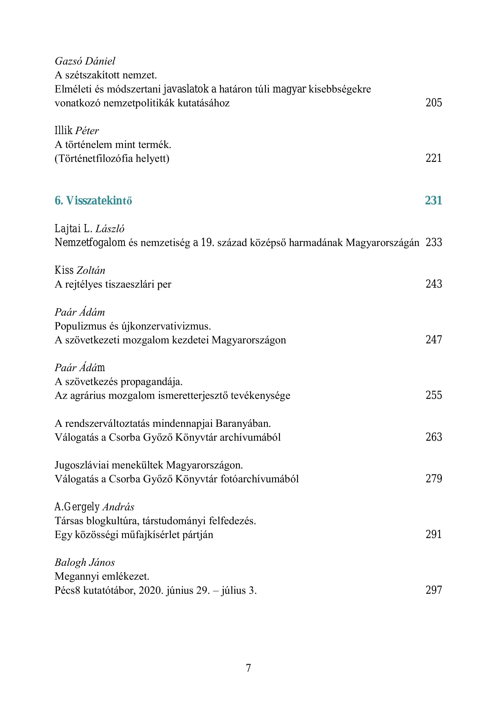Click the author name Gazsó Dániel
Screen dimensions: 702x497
pyautogui.click(x=85, y=61)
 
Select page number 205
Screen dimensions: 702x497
pyautogui.click(x=434, y=103)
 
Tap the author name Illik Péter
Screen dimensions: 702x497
pyautogui.click(x=77, y=131)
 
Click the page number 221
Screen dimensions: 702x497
pyautogui.click(x=434, y=158)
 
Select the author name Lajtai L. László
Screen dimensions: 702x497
pyautogui.click(x=89, y=229)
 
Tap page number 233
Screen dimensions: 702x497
pyautogui.click(x=434, y=243)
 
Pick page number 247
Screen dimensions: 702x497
pyautogui.click(x=434, y=340)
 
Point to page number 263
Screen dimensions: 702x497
pyautogui.click(x=434, y=437)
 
